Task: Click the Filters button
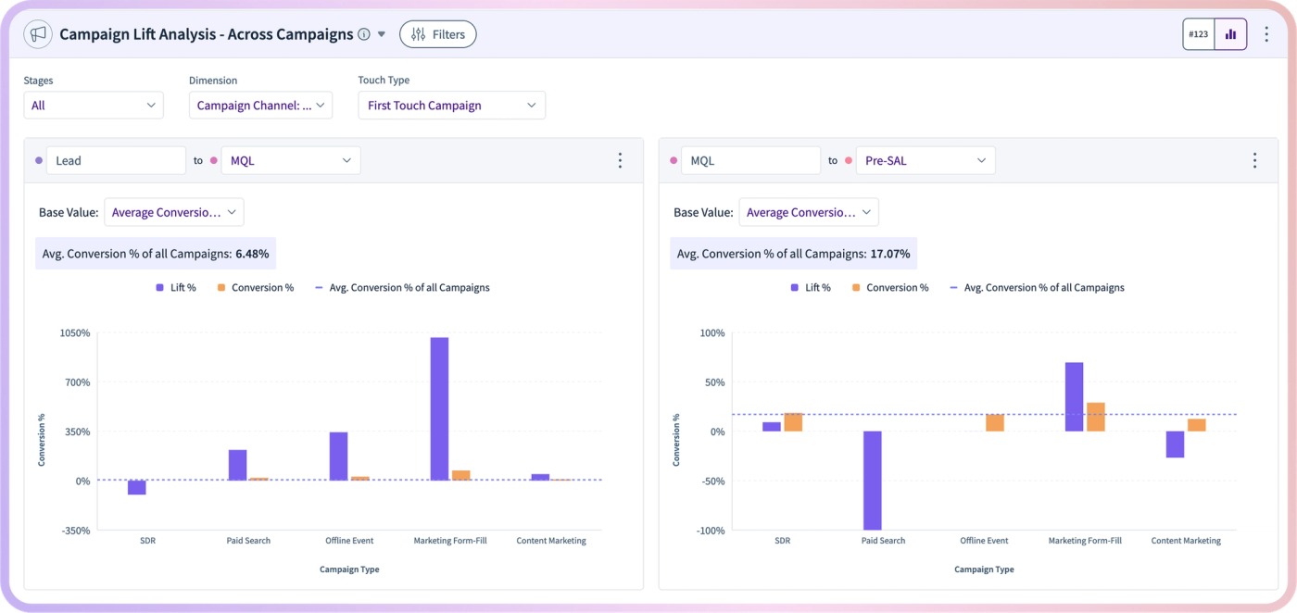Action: click(437, 34)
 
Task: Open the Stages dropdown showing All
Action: click(94, 106)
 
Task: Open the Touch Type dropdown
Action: click(452, 106)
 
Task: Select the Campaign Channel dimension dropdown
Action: click(260, 106)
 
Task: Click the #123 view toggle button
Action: click(1198, 34)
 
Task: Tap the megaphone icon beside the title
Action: click(38, 34)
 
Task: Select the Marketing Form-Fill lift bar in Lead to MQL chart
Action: click(439, 408)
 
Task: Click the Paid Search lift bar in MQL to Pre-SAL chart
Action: click(873, 481)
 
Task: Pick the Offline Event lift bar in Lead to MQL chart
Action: click(339, 457)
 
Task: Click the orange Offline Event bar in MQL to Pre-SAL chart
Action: click(995, 422)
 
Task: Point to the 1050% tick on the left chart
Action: click(75, 332)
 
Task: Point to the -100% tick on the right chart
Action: click(712, 531)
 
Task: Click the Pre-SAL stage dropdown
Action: click(926, 160)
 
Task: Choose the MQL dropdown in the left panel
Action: click(291, 160)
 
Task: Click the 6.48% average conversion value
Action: click(252, 254)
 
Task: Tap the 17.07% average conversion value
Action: click(890, 254)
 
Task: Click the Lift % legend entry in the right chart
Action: click(811, 288)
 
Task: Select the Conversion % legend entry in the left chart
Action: click(256, 288)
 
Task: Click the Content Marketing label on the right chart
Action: click(1186, 541)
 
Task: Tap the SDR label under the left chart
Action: click(147, 541)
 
